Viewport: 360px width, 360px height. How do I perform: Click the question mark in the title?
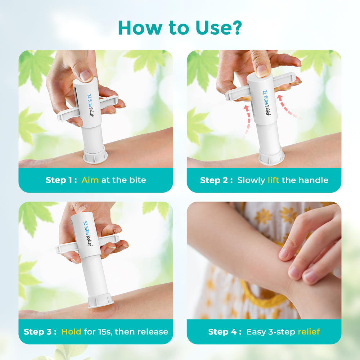tap(235, 28)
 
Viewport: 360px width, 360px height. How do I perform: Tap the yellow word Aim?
tap(90, 180)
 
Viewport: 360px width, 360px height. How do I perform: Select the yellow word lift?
tap(274, 180)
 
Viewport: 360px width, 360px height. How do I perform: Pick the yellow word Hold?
tap(71, 332)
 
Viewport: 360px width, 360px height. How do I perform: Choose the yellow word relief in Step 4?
tap(309, 332)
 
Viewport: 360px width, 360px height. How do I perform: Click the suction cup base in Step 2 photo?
tap(271, 157)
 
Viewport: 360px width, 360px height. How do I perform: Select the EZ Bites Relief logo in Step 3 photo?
tap(87, 234)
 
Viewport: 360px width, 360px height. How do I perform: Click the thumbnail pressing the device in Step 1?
tap(86, 76)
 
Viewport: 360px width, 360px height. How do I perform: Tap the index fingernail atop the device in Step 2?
tap(262, 71)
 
